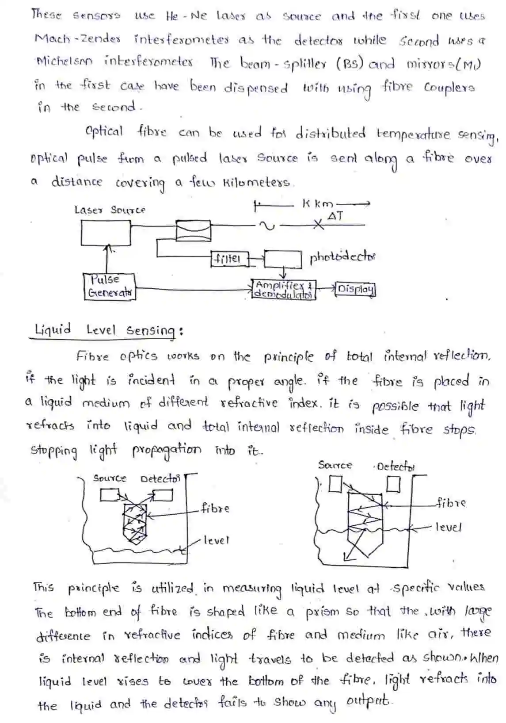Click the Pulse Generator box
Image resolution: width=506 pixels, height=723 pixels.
109,287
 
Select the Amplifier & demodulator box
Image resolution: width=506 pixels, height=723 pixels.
284,289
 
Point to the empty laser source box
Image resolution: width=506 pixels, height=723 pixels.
106,233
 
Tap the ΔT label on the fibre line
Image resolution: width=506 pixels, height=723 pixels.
335,216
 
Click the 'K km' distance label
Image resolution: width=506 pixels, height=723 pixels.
318,204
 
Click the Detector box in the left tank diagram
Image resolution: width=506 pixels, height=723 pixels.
163,495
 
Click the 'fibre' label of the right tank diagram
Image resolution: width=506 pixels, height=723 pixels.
451,503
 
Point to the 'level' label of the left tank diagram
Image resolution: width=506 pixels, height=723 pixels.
217,540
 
